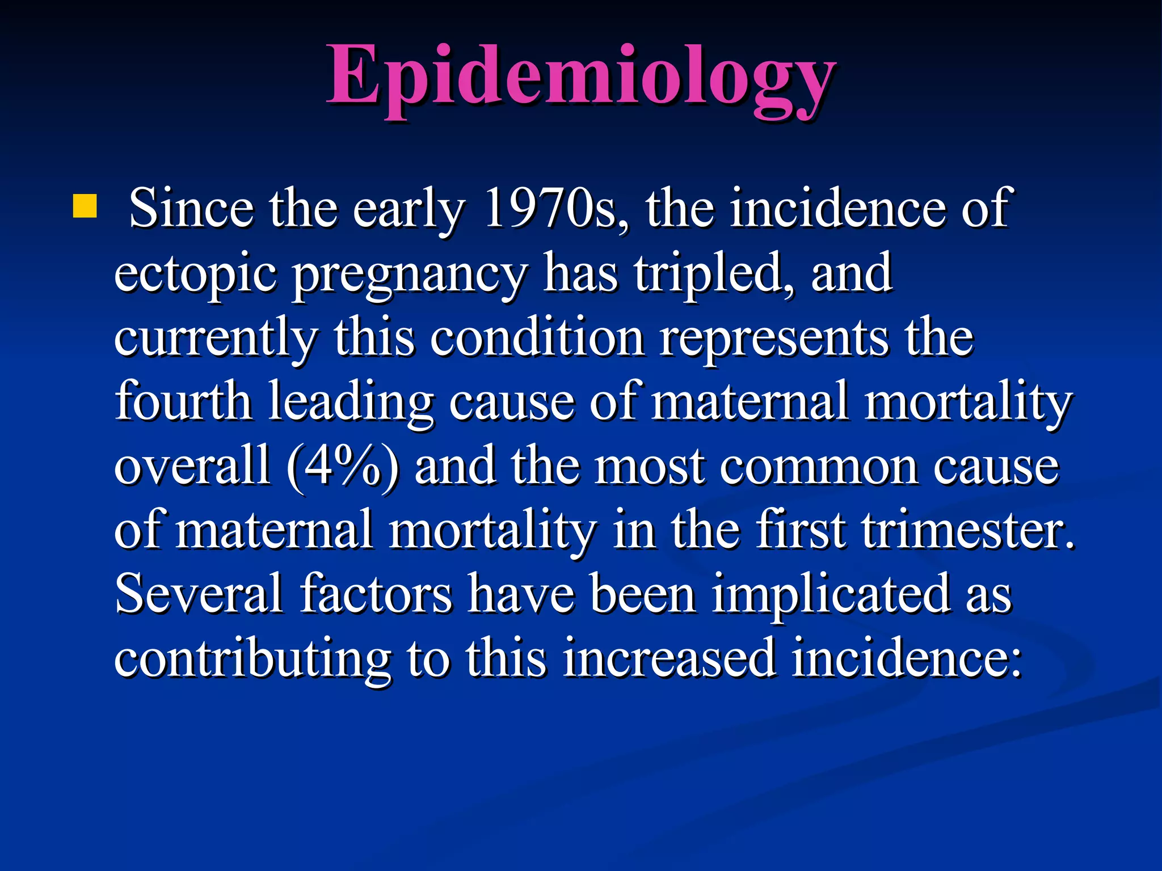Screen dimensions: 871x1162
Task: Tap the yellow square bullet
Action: [85, 206]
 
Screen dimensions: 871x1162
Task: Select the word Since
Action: [191, 208]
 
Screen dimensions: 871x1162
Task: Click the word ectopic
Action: [196, 274]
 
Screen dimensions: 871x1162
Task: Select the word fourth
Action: [183, 402]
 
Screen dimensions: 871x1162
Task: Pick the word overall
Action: [192, 467]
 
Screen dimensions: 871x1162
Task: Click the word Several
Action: [199, 594]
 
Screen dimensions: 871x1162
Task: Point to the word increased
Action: [670, 658]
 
